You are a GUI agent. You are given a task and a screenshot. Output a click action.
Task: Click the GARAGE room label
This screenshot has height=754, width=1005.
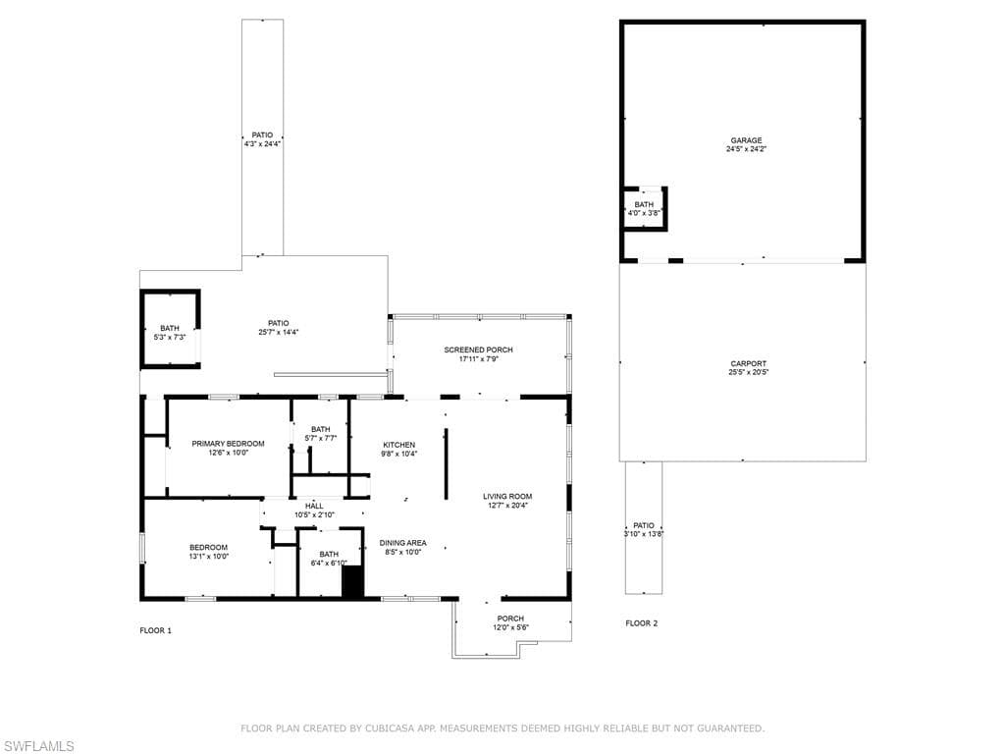(x=744, y=140)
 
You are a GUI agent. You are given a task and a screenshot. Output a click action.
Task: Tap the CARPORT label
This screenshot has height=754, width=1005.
(x=748, y=363)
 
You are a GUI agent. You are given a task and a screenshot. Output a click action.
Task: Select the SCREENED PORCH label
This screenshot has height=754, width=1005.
(x=478, y=350)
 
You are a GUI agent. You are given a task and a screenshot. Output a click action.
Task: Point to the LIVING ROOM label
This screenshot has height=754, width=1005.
(x=506, y=496)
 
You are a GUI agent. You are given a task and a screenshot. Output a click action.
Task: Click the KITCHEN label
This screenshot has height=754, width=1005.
(x=398, y=445)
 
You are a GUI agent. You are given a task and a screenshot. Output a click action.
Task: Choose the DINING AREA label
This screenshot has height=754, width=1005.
(x=402, y=542)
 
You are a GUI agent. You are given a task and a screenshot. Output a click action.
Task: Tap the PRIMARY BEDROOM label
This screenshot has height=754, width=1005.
(x=228, y=444)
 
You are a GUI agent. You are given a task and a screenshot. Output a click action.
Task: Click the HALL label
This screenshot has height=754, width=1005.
(x=314, y=506)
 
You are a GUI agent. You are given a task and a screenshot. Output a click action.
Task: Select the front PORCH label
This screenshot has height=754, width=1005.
(x=510, y=619)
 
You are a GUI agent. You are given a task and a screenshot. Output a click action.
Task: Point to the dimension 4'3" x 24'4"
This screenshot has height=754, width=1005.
(x=262, y=144)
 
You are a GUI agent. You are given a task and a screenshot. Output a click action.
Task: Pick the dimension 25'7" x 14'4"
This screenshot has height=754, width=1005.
(x=278, y=332)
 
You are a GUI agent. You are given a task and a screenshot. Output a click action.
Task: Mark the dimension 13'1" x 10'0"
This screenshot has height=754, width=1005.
(x=208, y=557)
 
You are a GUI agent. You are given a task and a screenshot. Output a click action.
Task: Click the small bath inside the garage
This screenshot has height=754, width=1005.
(x=644, y=207)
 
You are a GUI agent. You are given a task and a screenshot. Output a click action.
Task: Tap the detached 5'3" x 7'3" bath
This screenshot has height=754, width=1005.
(x=170, y=332)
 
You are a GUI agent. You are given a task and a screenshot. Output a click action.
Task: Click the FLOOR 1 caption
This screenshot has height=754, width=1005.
(x=155, y=630)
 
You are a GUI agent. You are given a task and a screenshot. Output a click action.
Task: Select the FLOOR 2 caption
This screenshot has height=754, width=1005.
(x=642, y=623)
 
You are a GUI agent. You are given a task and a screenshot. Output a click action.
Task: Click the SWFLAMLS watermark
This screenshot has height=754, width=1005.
(x=38, y=746)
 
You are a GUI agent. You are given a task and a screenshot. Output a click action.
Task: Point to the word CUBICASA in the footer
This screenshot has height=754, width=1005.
(x=388, y=728)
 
